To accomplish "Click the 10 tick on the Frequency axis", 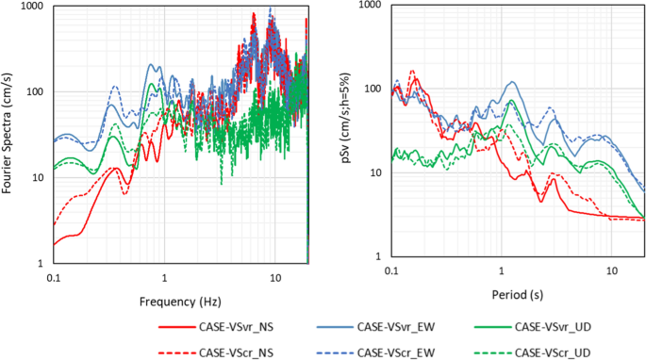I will pyautogui.click(x=275, y=279).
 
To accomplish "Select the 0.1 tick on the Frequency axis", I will pyautogui.click(x=54, y=279).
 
